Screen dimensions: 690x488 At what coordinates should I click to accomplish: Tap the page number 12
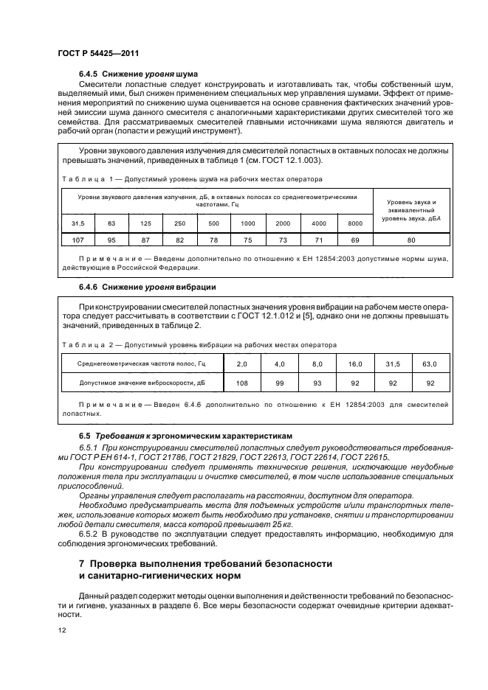coord(62,630)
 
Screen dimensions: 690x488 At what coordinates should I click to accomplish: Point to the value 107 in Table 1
coord(78,240)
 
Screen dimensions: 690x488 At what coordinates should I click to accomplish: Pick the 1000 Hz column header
coord(247,223)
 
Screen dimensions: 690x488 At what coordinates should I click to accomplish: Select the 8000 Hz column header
coord(355,223)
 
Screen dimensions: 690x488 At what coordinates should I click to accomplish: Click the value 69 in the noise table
coord(355,240)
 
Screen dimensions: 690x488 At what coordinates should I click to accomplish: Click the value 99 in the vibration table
coord(278,383)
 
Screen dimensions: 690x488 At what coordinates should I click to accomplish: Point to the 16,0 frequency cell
coord(354,364)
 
